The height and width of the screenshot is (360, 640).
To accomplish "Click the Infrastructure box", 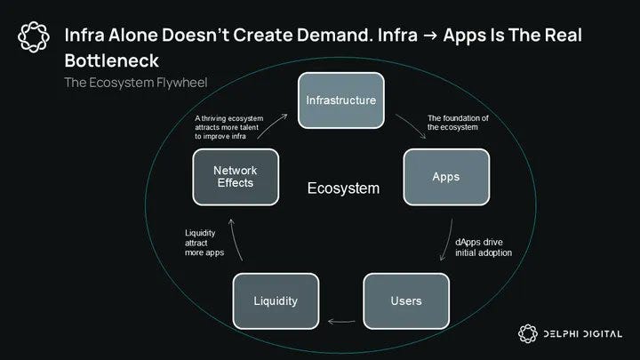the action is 340,100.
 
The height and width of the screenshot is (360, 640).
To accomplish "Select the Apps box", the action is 445,176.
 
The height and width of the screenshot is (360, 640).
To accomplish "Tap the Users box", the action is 406,300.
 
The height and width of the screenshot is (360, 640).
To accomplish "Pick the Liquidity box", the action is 275,300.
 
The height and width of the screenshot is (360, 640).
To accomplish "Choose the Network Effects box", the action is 235,176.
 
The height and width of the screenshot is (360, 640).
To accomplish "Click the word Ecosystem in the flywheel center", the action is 343,188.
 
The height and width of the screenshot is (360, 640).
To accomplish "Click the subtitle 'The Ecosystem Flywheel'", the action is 135,83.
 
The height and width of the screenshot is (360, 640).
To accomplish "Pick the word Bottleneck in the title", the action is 112,60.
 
